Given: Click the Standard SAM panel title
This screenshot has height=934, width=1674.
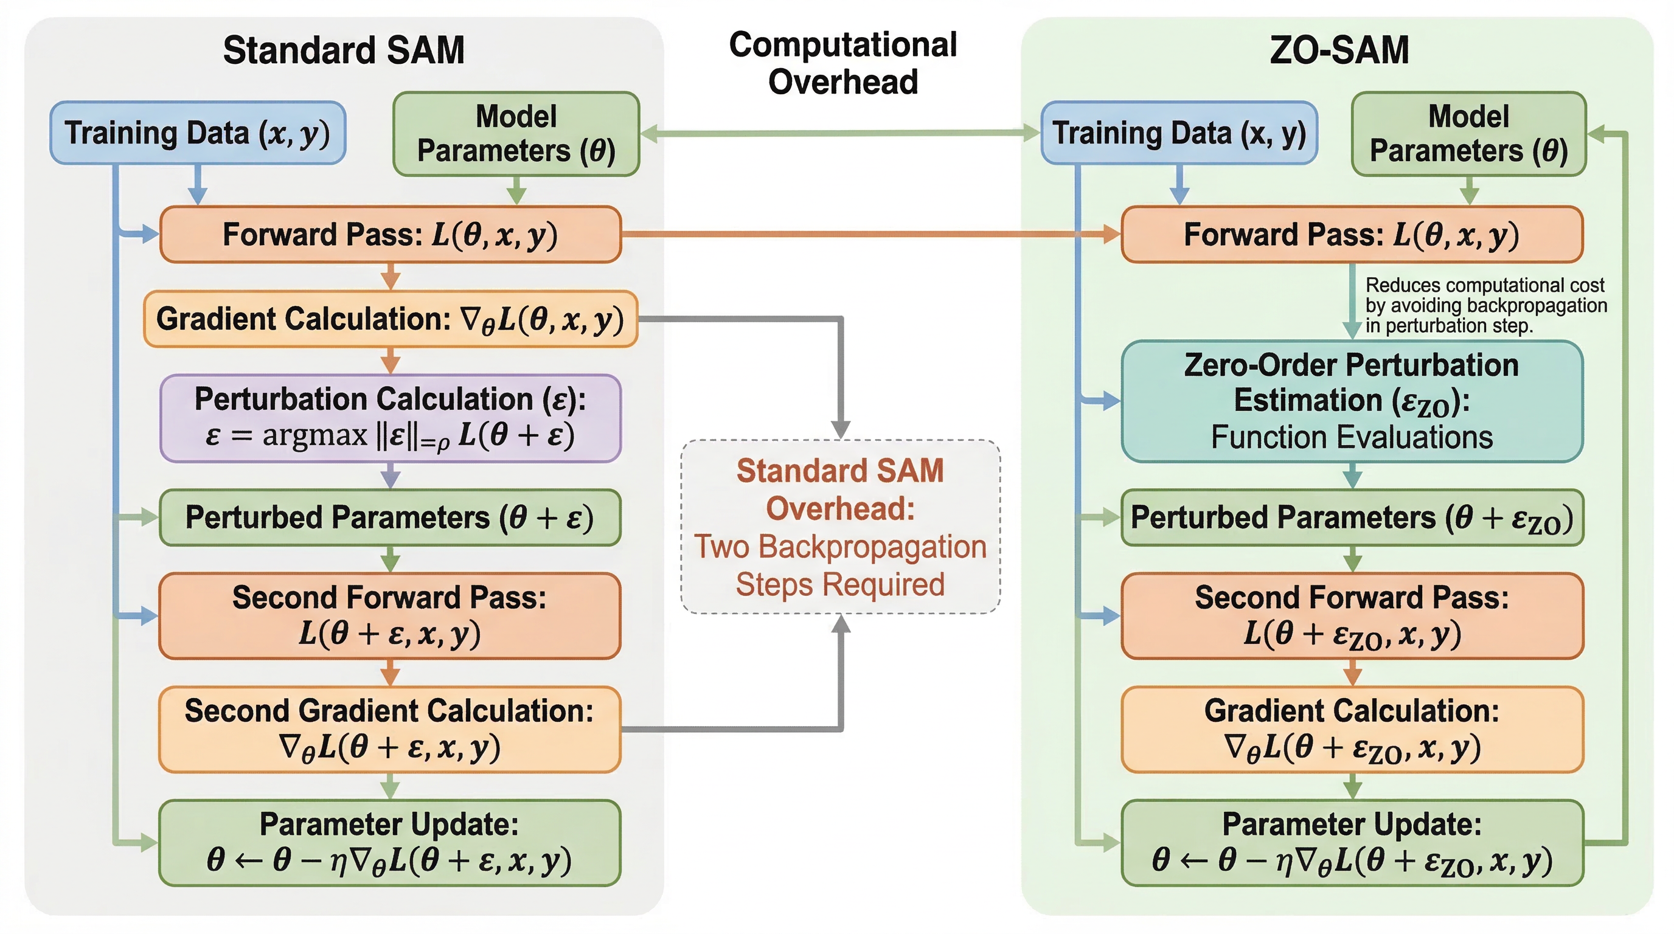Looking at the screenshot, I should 344,50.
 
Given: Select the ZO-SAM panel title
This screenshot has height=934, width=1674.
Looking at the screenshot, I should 1339,50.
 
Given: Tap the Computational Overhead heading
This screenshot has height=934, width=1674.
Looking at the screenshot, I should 843,63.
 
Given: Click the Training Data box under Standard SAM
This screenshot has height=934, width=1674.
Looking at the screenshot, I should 198,133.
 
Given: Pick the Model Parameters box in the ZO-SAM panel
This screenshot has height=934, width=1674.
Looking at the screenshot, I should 1468,134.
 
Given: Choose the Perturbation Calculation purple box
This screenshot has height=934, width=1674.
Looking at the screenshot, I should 391,418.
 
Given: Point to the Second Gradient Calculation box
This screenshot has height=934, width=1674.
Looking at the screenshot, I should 390,728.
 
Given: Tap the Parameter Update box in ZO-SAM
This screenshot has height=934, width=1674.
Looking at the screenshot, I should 1352,842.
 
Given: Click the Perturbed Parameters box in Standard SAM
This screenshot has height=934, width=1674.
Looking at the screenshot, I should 390,517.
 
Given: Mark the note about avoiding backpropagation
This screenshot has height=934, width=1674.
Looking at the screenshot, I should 1485,305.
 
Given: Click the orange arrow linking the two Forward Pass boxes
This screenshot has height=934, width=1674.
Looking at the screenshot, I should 871,235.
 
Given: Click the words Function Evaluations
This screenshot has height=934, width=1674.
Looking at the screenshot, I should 1352,437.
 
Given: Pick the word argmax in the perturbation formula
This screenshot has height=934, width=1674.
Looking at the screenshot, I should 314,435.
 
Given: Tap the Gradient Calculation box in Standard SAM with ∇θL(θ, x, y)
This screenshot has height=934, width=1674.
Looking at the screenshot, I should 391,319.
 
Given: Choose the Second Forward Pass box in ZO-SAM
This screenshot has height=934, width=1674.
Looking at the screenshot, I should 1352,616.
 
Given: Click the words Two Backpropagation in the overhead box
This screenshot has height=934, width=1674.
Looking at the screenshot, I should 840,547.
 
